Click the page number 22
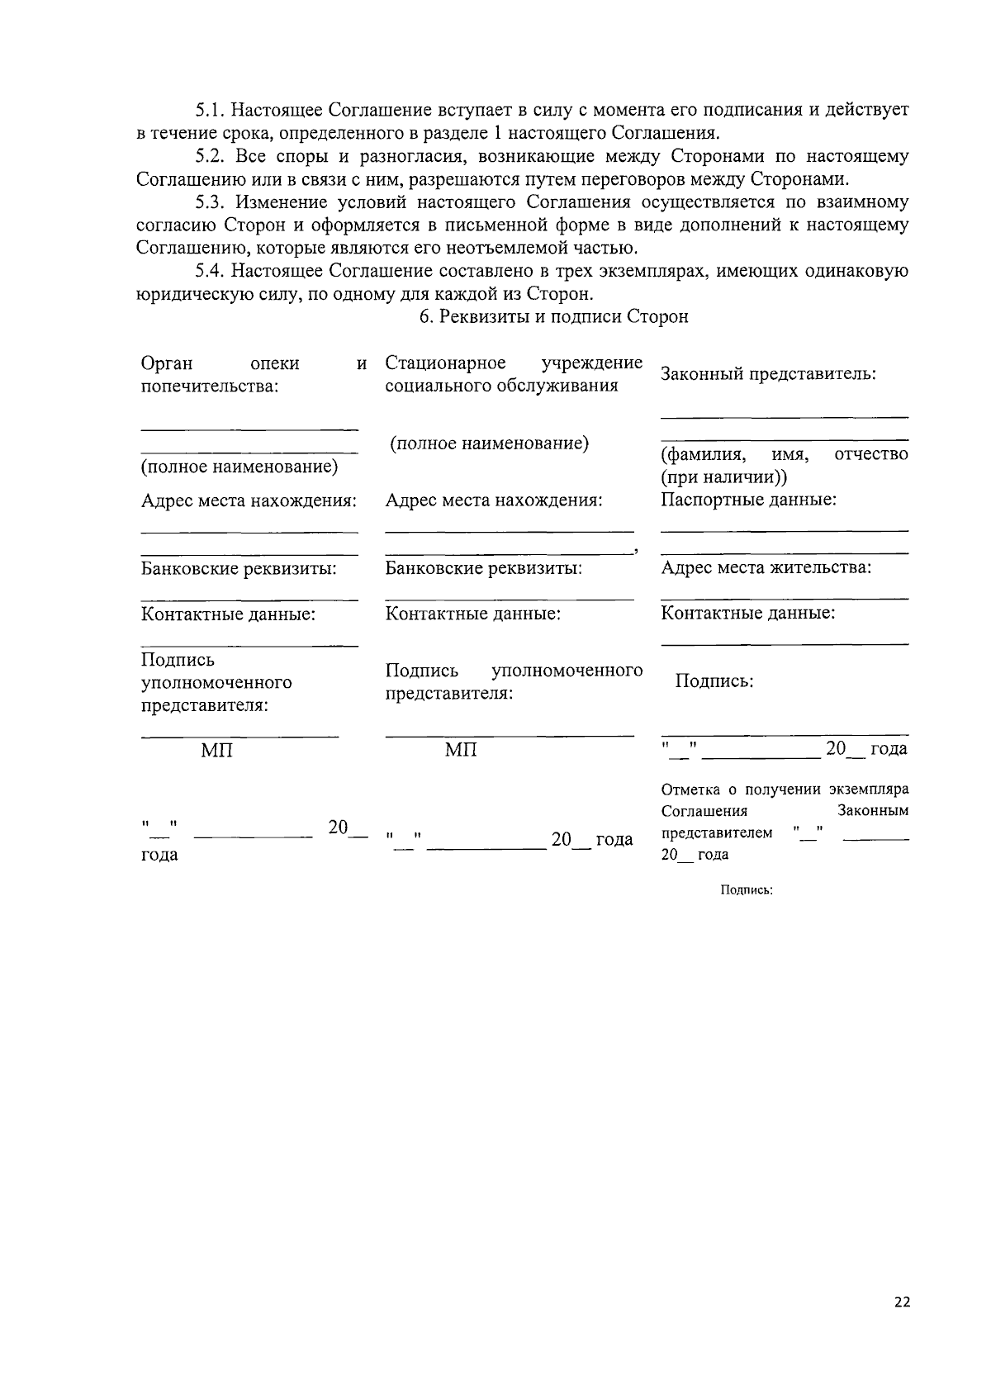coord(902,1302)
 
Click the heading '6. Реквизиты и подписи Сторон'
coord(553,316)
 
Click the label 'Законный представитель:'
coord(768,374)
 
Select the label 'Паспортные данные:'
coord(748,500)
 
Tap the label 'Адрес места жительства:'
coord(766,567)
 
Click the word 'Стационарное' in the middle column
coord(445,363)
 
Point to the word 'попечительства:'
coord(209,386)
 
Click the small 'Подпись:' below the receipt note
coord(746,890)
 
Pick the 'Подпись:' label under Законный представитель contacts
coord(714,681)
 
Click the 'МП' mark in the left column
coord(216,750)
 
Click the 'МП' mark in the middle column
coord(461,750)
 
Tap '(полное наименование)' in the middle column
coord(489,443)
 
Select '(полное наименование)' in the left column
coord(239,467)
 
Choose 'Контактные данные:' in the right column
coord(747,613)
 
